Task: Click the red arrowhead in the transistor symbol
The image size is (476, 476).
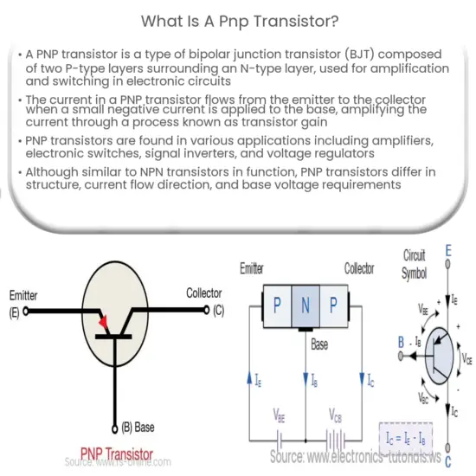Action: pyautogui.click(x=106, y=323)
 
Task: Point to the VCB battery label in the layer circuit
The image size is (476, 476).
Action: pyautogui.click(x=334, y=415)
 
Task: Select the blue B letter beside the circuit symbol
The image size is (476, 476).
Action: pyautogui.click(x=401, y=343)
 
